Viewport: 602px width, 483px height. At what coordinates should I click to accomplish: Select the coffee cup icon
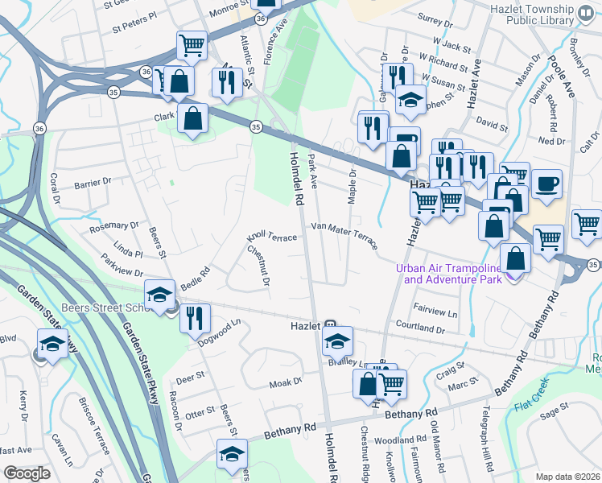[x=546, y=184]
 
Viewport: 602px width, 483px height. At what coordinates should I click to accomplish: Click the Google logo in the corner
[x=27, y=473]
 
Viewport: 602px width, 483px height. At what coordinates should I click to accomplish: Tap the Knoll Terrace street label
[x=272, y=237]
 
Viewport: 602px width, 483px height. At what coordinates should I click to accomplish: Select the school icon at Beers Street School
[x=159, y=294]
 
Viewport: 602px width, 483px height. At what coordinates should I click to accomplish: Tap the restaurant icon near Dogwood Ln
[x=195, y=318]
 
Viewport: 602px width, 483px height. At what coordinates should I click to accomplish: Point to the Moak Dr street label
[x=285, y=382]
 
